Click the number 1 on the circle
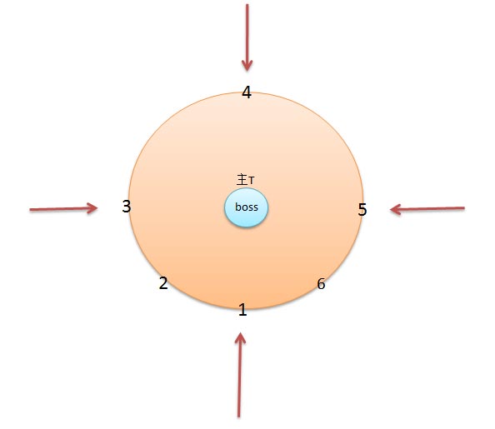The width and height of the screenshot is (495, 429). [x=242, y=310]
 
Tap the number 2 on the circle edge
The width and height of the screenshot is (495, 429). [x=163, y=283]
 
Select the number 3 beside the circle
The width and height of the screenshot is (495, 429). [x=127, y=207]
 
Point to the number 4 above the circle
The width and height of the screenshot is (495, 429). [x=247, y=92]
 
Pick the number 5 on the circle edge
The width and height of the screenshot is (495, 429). [x=362, y=210]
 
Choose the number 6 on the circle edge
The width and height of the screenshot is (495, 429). [x=321, y=284]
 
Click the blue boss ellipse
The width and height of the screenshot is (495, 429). [x=246, y=207]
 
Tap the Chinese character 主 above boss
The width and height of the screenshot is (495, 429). [x=242, y=180]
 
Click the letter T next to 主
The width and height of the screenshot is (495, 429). [x=252, y=181]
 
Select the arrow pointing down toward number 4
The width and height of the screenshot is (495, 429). [x=247, y=37]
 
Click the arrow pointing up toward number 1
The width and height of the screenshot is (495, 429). [x=240, y=375]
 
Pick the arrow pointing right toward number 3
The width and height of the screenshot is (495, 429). [x=63, y=208]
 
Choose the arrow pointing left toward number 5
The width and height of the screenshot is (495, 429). [x=427, y=209]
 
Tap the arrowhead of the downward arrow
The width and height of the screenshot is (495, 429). [x=247, y=71]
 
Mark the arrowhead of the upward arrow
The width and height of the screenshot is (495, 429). [x=241, y=333]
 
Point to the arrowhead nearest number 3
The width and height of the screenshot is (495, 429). [x=97, y=208]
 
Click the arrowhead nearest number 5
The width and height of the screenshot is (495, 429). [x=391, y=209]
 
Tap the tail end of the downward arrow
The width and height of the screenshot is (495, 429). [x=247, y=4]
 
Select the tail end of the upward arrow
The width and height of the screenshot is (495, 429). [x=238, y=417]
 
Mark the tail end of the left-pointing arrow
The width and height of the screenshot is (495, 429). [x=464, y=208]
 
